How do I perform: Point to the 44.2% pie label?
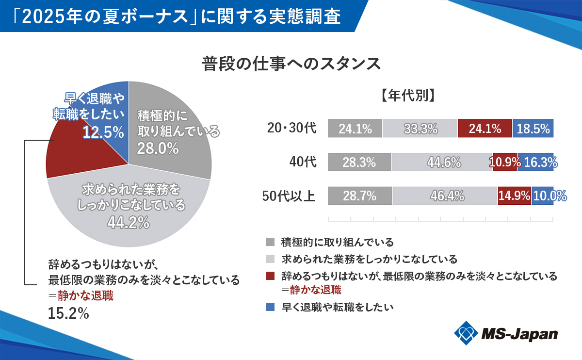coord(129,223)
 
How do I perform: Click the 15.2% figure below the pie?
coord(68,313)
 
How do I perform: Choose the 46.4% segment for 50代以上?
coord(445,196)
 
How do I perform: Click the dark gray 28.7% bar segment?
coord(360,196)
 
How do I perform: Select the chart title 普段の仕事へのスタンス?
coord(291,64)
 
